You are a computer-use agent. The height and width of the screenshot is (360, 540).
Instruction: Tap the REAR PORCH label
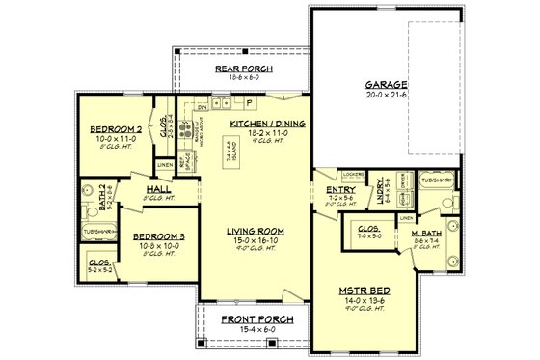242,70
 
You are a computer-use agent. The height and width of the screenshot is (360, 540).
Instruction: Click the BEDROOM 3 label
158,236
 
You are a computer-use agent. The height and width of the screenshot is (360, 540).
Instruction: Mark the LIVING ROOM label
254,232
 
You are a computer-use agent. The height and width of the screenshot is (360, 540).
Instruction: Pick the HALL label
158,190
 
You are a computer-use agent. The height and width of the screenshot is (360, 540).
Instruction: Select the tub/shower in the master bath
438,180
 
